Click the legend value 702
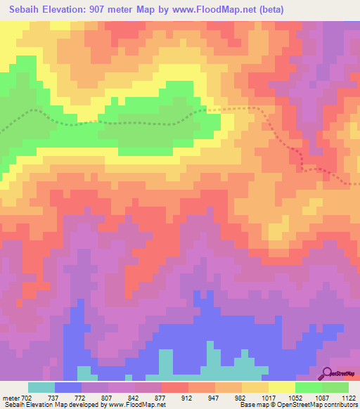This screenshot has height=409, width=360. (27, 397)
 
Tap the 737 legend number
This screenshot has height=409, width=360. (53, 397)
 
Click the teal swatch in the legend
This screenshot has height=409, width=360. (41, 387)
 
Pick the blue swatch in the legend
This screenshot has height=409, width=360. (68, 387)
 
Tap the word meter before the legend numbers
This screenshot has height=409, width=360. (11, 397)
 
